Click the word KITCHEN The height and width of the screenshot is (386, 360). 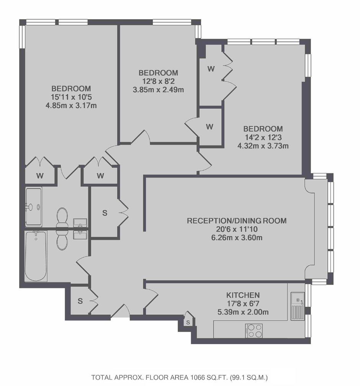[x=243, y=295]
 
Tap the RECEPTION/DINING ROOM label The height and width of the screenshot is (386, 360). [x=237, y=221]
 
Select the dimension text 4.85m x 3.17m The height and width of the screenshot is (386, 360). [x=71, y=106]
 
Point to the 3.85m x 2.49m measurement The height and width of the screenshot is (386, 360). [x=158, y=90]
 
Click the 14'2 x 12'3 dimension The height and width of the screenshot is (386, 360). [x=263, y=137]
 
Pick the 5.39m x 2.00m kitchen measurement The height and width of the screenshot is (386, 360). [x=243, y=312]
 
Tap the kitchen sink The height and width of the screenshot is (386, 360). [x=298, y=306]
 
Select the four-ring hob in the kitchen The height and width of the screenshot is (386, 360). [x=254, y=330]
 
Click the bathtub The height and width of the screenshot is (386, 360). [x=36, y=255]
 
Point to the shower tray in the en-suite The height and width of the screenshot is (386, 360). [x=33, y=206]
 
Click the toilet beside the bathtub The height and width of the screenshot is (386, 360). [x=62, y=240]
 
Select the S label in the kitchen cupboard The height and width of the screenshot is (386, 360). [x=188, y=322]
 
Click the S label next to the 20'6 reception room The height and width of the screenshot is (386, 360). [x=105, y=213]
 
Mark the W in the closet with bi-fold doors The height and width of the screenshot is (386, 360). [x=211, y=69]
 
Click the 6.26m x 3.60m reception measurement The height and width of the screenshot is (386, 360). [x=237, y=238]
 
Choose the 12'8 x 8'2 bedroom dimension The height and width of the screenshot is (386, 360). [x=158, y=81]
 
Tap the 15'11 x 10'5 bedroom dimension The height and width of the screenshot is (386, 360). [x=71, y=97]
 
